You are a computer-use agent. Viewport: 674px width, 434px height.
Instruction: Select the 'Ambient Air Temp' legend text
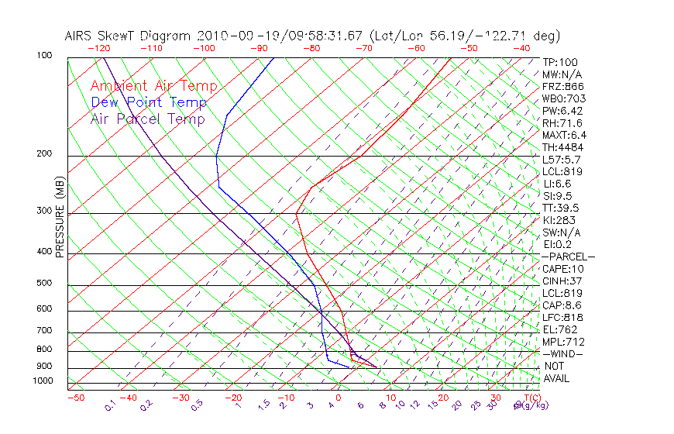pos(154,86)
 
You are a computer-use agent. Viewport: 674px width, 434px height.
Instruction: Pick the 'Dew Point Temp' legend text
pos(149,102)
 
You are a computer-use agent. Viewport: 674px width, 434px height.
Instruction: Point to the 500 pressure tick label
pos(44,284)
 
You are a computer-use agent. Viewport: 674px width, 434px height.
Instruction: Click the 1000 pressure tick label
pos(42,381)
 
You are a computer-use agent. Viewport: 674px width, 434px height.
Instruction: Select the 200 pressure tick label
pos(44,154)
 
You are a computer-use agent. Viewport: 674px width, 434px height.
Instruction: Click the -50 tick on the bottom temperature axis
pos(75,398)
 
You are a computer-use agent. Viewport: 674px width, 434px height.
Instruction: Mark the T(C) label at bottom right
pos(530,398)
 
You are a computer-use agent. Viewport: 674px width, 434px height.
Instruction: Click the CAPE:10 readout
pos(562,269)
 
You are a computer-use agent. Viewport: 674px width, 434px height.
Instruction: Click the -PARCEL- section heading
pos(568,257)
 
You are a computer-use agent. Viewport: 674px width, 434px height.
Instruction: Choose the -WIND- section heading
pos(563,353)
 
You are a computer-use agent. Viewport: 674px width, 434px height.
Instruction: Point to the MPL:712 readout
pos(563,342)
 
